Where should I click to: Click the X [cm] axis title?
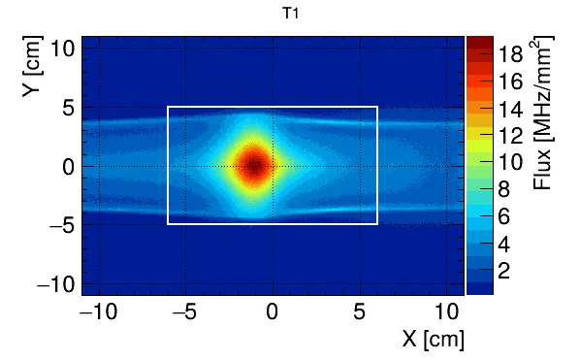click(434, 339)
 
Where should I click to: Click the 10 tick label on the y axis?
click(61, 49)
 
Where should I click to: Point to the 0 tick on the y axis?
click(67, 166)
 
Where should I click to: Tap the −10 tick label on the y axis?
click(55, 282)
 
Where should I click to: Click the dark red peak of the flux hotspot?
click(254, 166)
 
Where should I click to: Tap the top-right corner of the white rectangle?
click(377, 107)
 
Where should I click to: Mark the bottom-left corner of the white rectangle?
click(168, 224)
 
